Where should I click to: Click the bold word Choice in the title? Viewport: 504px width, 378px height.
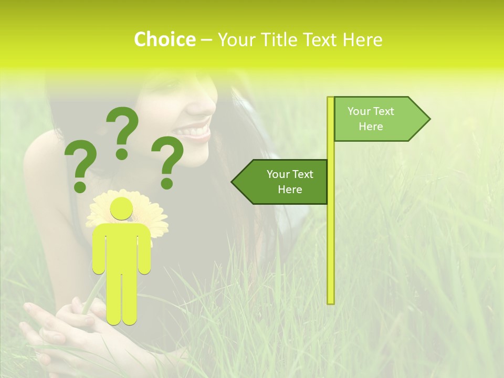(164, 40)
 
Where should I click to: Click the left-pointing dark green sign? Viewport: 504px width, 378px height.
(283, 182)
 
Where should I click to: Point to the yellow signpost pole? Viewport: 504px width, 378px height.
(331, 236)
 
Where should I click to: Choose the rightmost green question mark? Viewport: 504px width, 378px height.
(168, 162)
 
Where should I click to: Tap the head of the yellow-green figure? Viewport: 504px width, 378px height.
(121, 208)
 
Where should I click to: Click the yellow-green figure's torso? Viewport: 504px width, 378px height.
(121, 247)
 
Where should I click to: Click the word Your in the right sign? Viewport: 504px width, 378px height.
(359, 111)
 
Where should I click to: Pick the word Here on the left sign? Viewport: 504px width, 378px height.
(290, 190)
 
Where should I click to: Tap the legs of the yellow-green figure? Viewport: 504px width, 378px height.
(121, 299)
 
